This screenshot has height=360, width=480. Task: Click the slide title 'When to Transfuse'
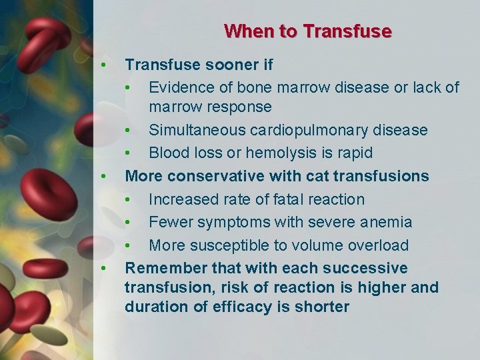point(307,31)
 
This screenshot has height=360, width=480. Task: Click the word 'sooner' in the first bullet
point(223,65)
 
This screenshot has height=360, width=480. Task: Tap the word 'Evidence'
point(179,88)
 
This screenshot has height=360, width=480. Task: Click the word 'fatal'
point(271,199)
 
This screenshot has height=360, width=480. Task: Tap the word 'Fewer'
point(170,222)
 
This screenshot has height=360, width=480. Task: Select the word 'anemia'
point(389,222)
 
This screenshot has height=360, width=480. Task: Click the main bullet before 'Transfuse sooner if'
point(103,65)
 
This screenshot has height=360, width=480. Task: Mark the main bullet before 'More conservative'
point(103,176)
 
